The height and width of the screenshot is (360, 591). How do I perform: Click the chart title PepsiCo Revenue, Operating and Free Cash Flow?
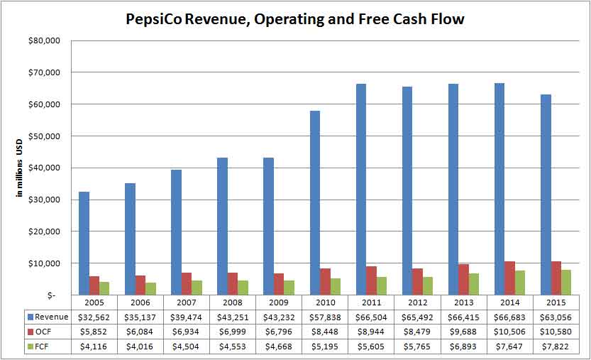[x=294, y=19]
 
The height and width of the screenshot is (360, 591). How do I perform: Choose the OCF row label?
[x=44, y=331]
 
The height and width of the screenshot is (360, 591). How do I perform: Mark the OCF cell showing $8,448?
[x=326, y=331]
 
